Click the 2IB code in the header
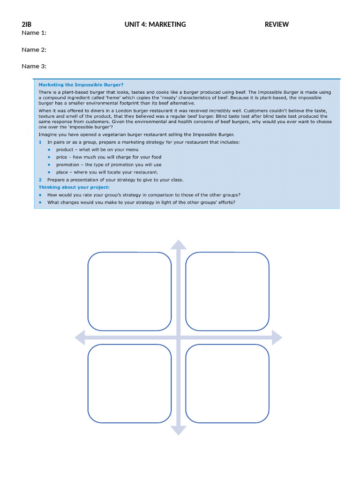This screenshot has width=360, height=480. (x=26, y=24)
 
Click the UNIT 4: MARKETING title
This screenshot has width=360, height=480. (x=155, y=24)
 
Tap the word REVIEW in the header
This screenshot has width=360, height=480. (x=277, y=24)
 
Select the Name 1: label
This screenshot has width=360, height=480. (x=34, y=33)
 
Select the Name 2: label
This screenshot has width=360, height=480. (x=34, y=50)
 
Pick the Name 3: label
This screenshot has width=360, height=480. (x=34, y=66)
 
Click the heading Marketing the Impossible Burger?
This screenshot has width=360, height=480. (x=81, y=85)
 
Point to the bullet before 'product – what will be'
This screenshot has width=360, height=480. (x=49, y=150)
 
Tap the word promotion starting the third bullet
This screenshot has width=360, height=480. (x=67, y=165)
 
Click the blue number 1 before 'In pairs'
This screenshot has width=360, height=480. (x=40, y=142)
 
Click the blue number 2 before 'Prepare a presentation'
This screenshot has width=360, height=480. (x=40, y=180)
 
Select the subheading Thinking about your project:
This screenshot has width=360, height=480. (x=74, y=187)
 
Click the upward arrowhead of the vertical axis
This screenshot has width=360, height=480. (x=178, y=244)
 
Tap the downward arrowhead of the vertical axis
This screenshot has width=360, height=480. (x=178, y=430)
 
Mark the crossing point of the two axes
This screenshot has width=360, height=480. (x=178, y=337)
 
